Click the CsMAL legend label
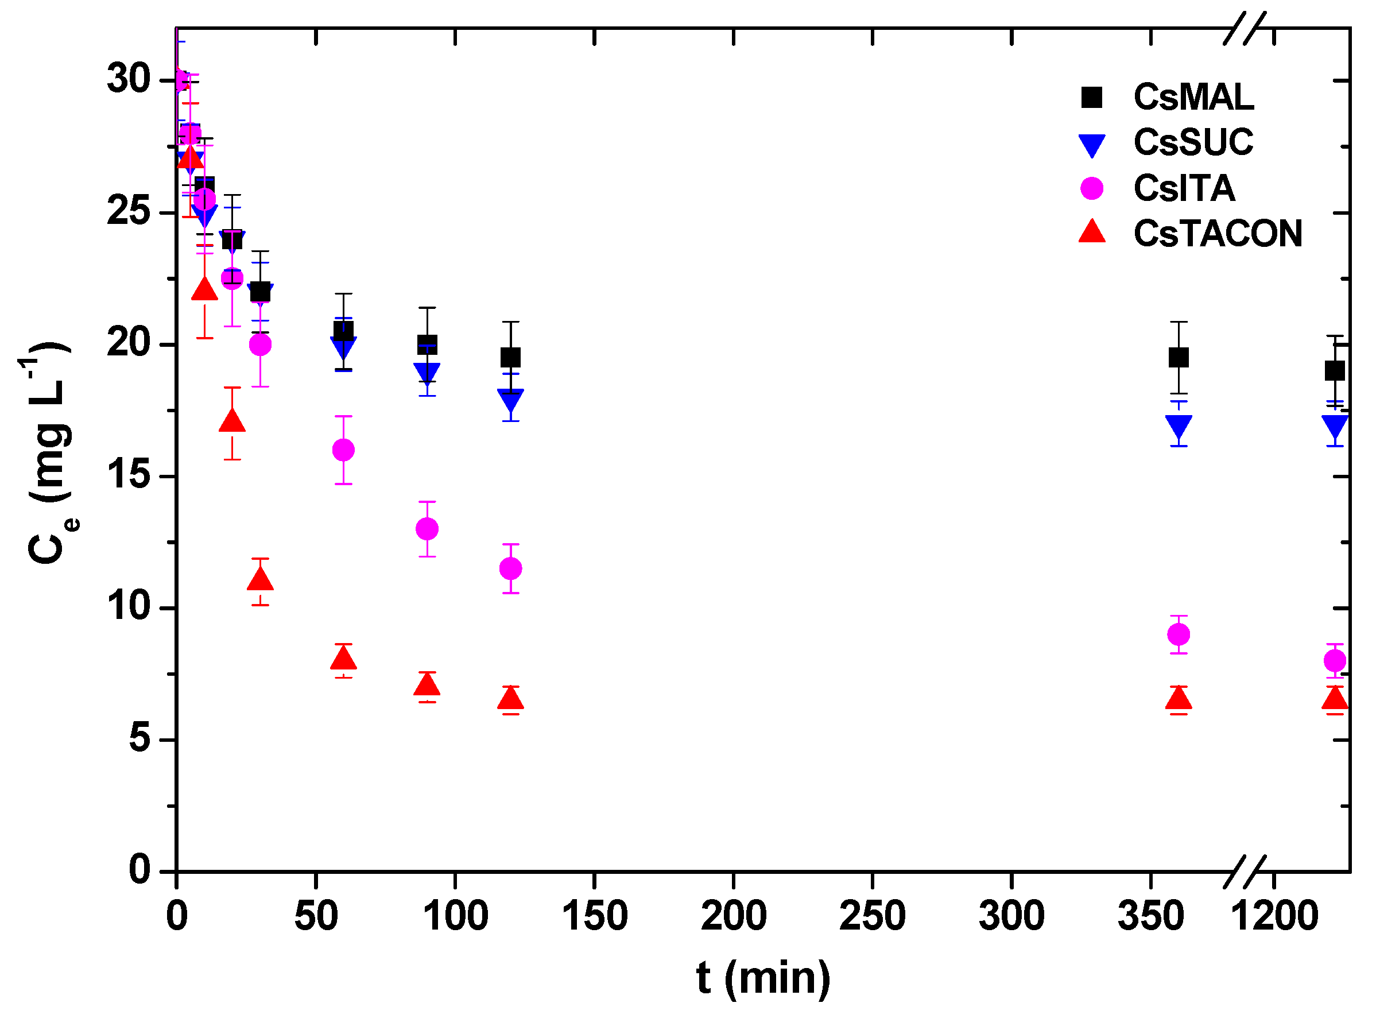1193,97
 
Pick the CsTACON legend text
1217,234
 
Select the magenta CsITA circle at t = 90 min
427,529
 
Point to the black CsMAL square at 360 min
1179,358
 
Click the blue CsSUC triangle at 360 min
1179,426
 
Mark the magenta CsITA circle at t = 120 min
510,568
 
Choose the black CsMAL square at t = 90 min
427,344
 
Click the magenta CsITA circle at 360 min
1179,634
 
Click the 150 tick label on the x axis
594,917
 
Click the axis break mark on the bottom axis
1245,872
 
